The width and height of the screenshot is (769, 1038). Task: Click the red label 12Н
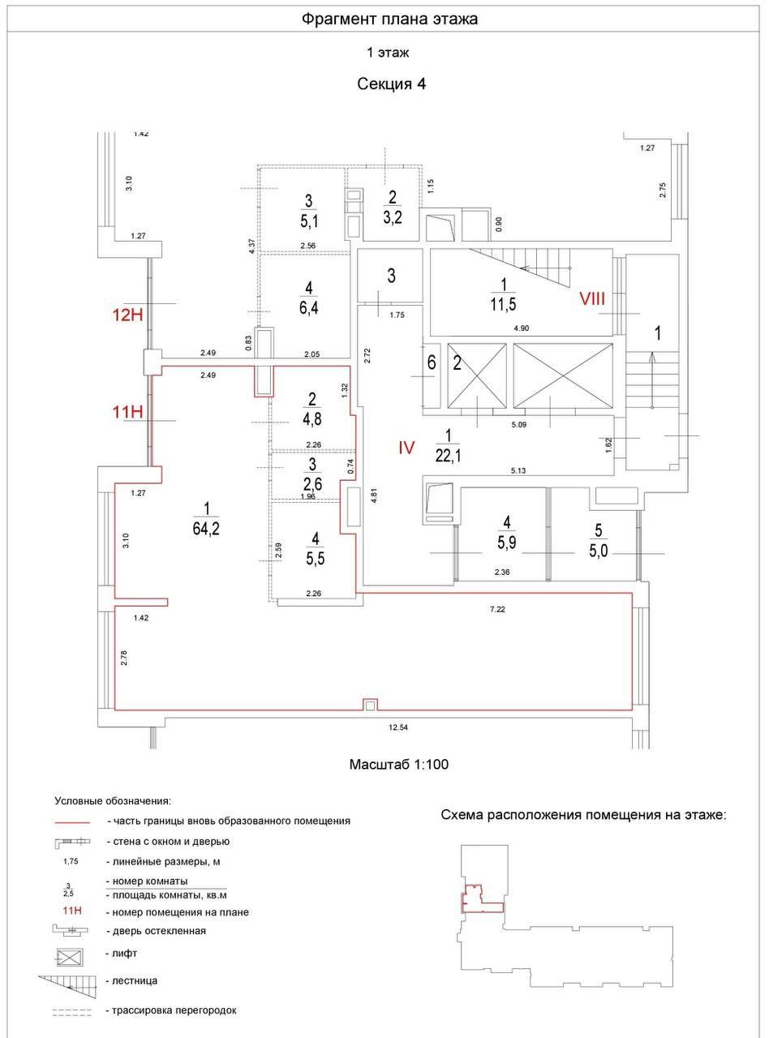click(127, 315)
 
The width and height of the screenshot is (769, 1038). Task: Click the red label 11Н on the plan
click(127, 411)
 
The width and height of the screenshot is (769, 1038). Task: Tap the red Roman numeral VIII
click(592, 298)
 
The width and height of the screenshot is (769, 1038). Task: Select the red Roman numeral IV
click(406, 447)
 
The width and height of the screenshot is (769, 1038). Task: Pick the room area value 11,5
click(503, 304)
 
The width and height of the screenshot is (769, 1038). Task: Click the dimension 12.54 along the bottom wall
click(397, 727)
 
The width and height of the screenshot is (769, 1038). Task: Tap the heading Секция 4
click(392, 84)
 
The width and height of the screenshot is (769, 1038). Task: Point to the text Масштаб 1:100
click(398, 765)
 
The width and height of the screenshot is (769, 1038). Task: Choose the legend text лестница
click(135, 981)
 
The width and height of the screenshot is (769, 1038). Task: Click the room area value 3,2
click(393, 217)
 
